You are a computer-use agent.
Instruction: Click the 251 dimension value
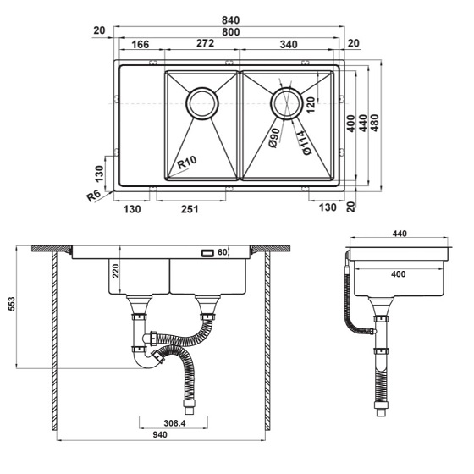tap(189, 209)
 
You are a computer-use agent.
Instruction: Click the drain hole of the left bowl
tap(202, 103)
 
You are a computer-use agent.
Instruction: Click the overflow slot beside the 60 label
tap(206, 252)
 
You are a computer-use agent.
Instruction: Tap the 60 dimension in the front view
tap(223, 252)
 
